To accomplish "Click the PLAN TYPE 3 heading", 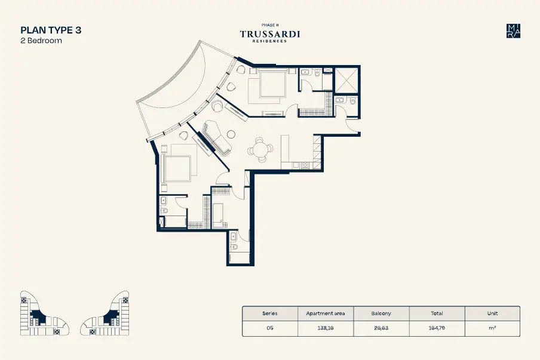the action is coord(51,30).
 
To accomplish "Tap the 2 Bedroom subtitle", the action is coord(41,41).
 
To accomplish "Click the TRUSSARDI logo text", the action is coord(270,34).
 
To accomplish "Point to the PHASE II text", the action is coord(270,25).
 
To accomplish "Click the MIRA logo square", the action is coord(513,31).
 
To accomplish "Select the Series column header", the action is coord(270,313).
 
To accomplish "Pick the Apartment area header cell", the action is coord(326,313).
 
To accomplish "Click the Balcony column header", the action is coord(381,313).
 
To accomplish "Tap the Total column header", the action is coord(437,313).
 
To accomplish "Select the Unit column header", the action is coord(492,313).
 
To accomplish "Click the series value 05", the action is coord(270,328).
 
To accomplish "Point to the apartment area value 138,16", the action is coord(326,328).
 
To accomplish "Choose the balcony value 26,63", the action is coord(381,328).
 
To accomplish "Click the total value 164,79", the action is coord(437,328).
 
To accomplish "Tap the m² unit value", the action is coord(492,328).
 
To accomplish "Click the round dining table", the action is coord(259,150).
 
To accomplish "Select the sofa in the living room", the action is coord(217,138).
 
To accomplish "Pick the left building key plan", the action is coord(44,313).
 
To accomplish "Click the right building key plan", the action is coord(105,313).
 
